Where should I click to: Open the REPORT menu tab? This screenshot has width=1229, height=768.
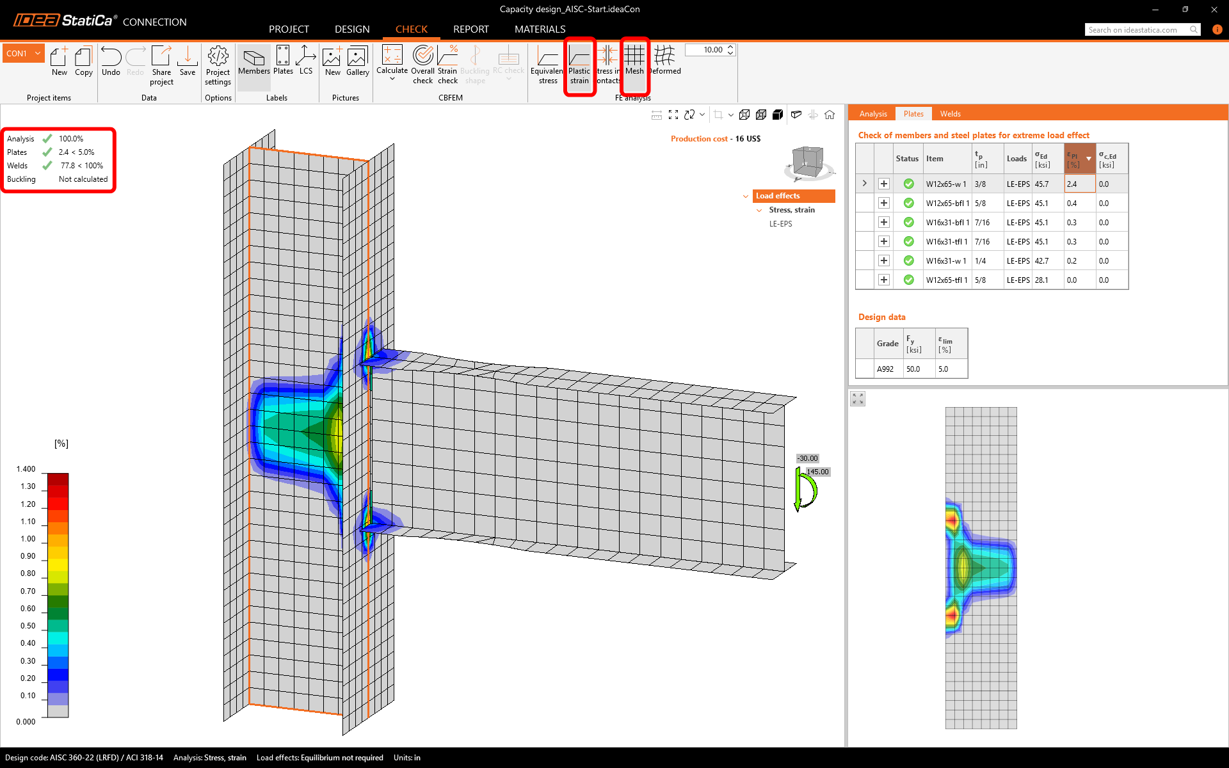point(471,29)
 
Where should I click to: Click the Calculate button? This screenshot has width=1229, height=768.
point(392,63)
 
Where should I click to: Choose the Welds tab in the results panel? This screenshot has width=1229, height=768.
point(950,114)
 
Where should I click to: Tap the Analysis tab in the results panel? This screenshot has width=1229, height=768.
point(873,114)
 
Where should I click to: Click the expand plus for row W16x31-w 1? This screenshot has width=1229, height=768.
point(884,260)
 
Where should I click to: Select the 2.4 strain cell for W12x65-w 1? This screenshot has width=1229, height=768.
point(1079,184)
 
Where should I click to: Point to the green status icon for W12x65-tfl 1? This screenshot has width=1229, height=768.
point(908,280)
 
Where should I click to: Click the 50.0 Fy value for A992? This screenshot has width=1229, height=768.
point(913,369)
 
